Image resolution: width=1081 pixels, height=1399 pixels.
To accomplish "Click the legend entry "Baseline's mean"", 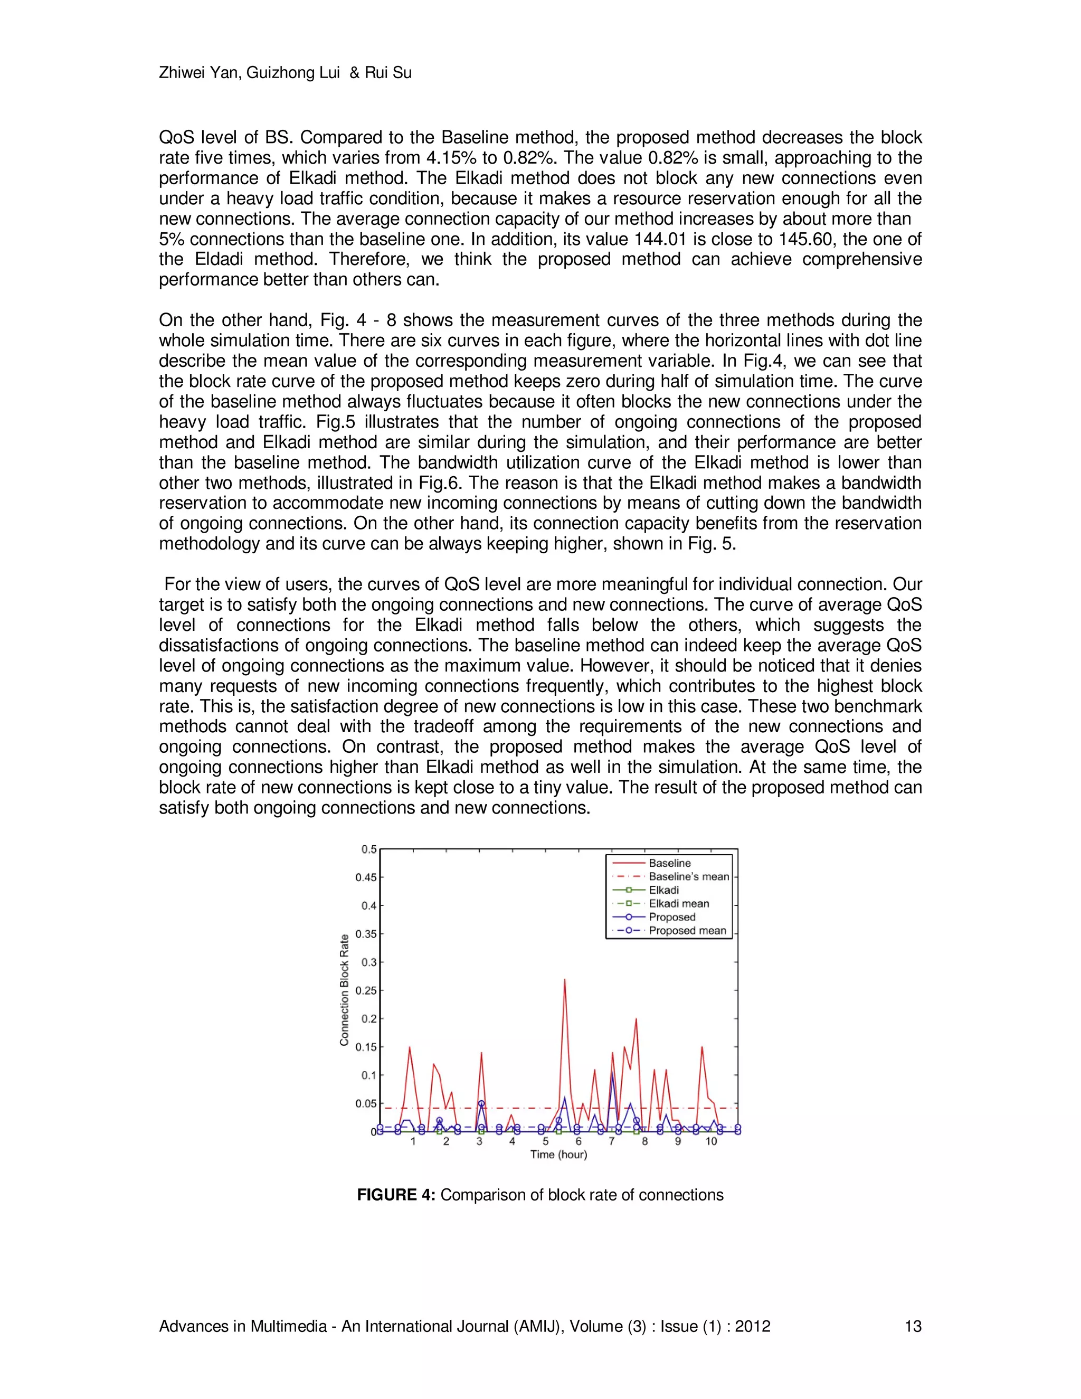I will click(x=688, y=876).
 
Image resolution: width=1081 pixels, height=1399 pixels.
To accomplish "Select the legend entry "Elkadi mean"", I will click(x=679, y=903).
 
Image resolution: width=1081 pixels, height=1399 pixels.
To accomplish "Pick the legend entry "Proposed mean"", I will click(x=687, y=930).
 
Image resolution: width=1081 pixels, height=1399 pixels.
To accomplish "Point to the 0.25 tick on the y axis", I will click(x=366, y=990).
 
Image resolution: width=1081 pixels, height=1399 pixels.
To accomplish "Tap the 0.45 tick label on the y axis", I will click(x=366, y=877).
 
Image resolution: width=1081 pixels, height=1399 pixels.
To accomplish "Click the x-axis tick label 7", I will click(x=612, y=1141).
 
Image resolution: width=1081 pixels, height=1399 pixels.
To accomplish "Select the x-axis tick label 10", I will click(x=711, y=1141).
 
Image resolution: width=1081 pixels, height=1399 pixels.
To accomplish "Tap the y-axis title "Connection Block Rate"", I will click(x=345, y=990).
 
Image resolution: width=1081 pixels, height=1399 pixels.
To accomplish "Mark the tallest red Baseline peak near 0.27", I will click(x=564, y=979).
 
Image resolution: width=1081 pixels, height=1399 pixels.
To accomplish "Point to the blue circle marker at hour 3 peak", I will click(x=481, y=1104).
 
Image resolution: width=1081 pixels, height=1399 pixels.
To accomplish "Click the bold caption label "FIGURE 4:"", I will click(x=396, y=1195).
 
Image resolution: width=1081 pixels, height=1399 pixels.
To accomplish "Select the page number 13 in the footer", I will click(x=913, y=1326).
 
